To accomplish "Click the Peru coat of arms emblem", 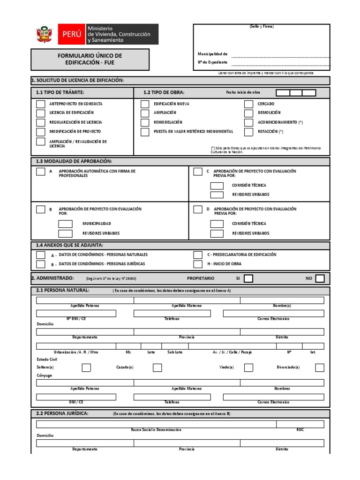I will (x=45, y=35).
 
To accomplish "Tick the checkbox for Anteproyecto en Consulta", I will (x=41, y=104).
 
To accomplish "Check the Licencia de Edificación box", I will (x=41, y=113).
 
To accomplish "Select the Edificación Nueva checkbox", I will (x=145, y=104).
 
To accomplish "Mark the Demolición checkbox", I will (x=248, y=113).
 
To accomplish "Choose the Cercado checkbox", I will (x=248, y=104).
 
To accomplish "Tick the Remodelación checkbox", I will (x=145, y=122).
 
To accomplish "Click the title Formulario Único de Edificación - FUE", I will (x=90, y=59).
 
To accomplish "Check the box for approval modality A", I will (x=41, y=172).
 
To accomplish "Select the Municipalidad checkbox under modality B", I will (x=65, y=224).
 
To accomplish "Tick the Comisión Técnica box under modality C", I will (x=217, y=186).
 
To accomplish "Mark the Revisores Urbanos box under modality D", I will (x=217, y=233).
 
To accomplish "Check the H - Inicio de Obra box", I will (x=198, y=264).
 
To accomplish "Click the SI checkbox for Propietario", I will (x=248, y=279).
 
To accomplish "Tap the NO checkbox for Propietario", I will (x=320, y=279).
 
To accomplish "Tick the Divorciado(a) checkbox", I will (x=320, y=367).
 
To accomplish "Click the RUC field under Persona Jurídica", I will (x=300, y=424).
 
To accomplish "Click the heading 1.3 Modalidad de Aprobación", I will (x=74, y=161).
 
